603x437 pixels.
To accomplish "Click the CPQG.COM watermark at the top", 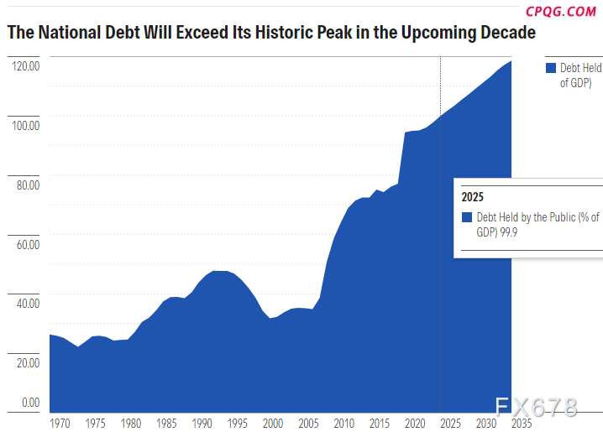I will pyautogui.click(x=561, y=11).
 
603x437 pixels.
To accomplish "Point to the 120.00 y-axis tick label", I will pyautogui.click(x=28, y=65).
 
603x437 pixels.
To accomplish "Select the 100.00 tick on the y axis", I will pyautogui.click(x=28, y=125).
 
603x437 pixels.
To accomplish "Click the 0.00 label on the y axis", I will pyautogui.click(x=31, y=403).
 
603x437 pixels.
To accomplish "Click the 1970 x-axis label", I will pyautogui.click(x=60, y=423).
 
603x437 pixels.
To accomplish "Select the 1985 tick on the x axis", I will pyautogui.click(x=167, y=423).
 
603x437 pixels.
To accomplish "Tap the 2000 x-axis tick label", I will pyautogui.click(x=273, y=423).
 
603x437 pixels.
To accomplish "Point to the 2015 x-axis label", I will pyautogui.click(x=380, y=423).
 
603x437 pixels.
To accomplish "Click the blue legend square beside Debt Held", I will pyautogui.click(x=551, y=68).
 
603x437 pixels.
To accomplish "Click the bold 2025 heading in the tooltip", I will pyautogui.click(x=472, y=198).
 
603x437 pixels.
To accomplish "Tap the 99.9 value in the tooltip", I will pyautogui.click(x=510, y=231).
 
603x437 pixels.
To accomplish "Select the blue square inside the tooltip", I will pyautogui.click(x=467, y=217).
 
